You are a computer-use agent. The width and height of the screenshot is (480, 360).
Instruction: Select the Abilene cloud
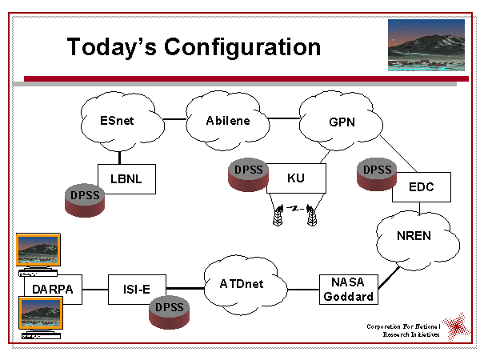[227, 121]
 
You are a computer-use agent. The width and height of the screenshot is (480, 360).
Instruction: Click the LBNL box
[126, 179]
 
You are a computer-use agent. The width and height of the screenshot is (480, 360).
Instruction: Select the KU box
[296, 178]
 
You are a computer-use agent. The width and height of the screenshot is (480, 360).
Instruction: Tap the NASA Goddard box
[346, 289]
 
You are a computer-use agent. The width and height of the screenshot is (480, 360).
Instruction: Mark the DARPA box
[54, 289]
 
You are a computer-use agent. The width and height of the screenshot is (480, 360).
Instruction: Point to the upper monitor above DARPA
[40, 250]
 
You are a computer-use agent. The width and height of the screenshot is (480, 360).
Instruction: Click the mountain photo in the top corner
[426, 46]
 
